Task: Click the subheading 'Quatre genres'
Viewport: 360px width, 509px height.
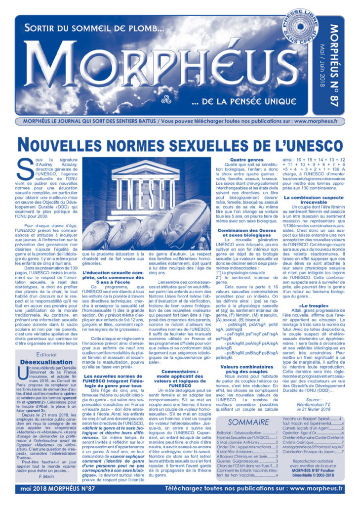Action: coord(245,161)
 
